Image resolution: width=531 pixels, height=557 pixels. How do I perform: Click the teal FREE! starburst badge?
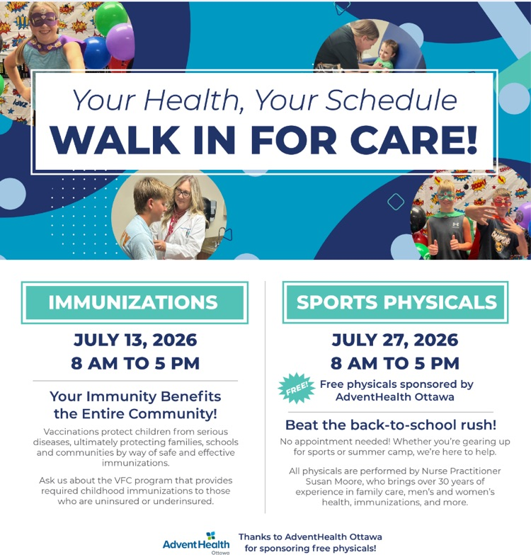(297, 388)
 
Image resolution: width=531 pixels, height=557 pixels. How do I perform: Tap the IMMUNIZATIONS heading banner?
(135, 303)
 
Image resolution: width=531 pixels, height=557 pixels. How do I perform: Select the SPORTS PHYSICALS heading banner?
(395, 302)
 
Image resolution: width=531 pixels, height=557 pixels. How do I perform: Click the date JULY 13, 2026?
(135, 340)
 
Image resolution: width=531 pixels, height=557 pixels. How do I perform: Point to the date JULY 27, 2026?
(395, 340)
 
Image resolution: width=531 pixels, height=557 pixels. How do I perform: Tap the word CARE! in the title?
(416, 139)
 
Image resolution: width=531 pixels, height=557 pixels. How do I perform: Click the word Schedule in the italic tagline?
(392, 100)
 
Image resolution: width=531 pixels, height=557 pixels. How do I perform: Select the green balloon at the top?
(110, 17)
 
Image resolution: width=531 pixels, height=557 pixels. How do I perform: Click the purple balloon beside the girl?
(121, 42)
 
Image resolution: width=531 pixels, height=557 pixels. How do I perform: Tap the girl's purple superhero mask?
(43, 19)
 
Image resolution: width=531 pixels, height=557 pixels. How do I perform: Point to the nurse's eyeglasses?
(183, 193)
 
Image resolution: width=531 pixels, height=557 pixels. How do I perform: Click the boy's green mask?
(447, 195)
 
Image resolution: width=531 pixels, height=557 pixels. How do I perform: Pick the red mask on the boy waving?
(502, 202)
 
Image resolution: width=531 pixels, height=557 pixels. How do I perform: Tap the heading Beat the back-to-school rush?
(391, 425)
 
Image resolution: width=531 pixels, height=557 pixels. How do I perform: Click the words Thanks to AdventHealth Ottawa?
(310, 536)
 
